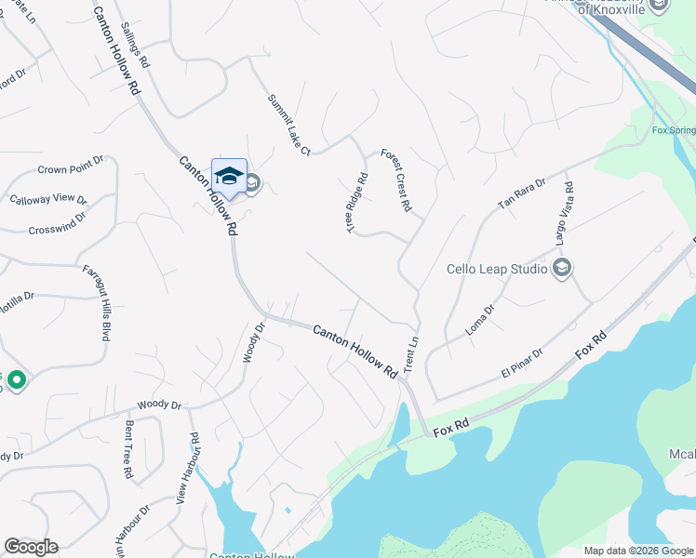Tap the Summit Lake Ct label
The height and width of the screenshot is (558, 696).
pos(287,125)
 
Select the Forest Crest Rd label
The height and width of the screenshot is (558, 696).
pos(395,180)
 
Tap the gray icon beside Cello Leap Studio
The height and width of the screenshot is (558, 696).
pos(561,269)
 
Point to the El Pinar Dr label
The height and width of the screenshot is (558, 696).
pos(521,363)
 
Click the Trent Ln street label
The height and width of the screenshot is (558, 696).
pos(409,355)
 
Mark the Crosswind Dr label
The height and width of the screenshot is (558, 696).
pos(57,229)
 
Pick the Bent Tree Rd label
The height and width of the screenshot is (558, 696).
pos(127,450)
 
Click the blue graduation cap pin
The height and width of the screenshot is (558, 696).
pos(229,176)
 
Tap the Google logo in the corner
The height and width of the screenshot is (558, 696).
pos(31,547)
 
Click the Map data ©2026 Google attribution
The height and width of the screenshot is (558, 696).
pos(638,551)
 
